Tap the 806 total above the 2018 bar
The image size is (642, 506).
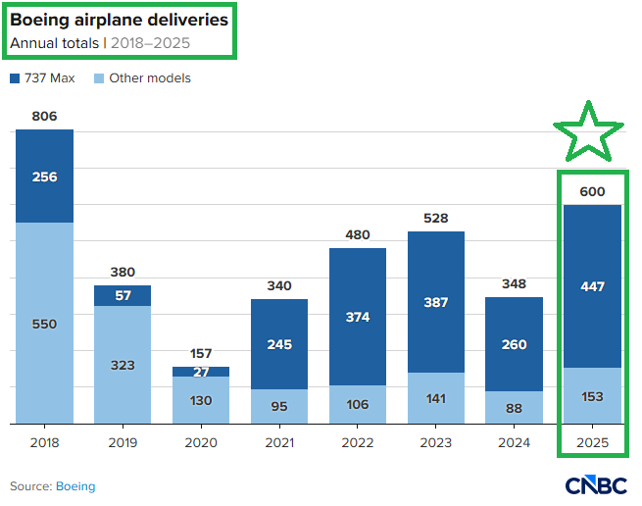(44, 116)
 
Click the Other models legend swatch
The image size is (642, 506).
(100, 77)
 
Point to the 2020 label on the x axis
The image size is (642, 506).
(201, 442)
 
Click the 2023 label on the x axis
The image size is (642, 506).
(436, 442)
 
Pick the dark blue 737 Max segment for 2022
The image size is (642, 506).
(358, 317)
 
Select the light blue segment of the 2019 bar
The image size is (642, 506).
(123, 365)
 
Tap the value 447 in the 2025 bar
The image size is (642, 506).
(592, 286)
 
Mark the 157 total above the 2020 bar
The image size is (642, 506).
(201, 353)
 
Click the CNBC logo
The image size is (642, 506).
(597, 485)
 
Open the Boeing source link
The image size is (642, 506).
(75, 486)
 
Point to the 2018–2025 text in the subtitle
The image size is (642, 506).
(151, 43)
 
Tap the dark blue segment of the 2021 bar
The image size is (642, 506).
(279, 344)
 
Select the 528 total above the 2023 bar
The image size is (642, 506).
(436, 218)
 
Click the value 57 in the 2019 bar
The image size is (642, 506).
(123, 295)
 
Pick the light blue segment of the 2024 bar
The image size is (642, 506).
(515, 408)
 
